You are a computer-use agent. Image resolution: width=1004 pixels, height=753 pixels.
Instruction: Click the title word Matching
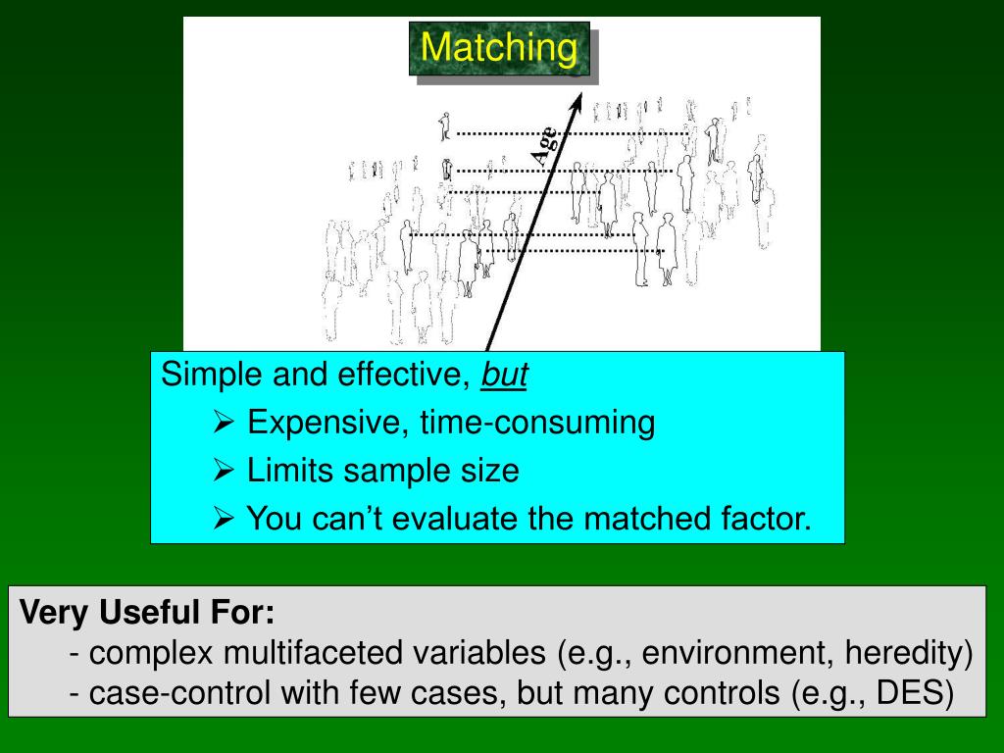click(499, 48)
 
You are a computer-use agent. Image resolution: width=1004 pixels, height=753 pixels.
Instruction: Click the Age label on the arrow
click(544, 145)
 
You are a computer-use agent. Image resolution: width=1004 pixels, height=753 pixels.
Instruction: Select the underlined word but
click(504, 376)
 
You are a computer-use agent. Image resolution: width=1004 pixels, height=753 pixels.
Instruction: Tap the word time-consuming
click(537, 424)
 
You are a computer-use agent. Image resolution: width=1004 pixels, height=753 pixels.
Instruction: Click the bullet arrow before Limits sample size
click(224, 472)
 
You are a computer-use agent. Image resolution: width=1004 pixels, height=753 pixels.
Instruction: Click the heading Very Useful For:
click(148, 615)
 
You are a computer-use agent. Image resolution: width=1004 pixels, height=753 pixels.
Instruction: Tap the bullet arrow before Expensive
click(224, 424)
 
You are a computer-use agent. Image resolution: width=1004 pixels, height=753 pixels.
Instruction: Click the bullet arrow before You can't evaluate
click(224, 519)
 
